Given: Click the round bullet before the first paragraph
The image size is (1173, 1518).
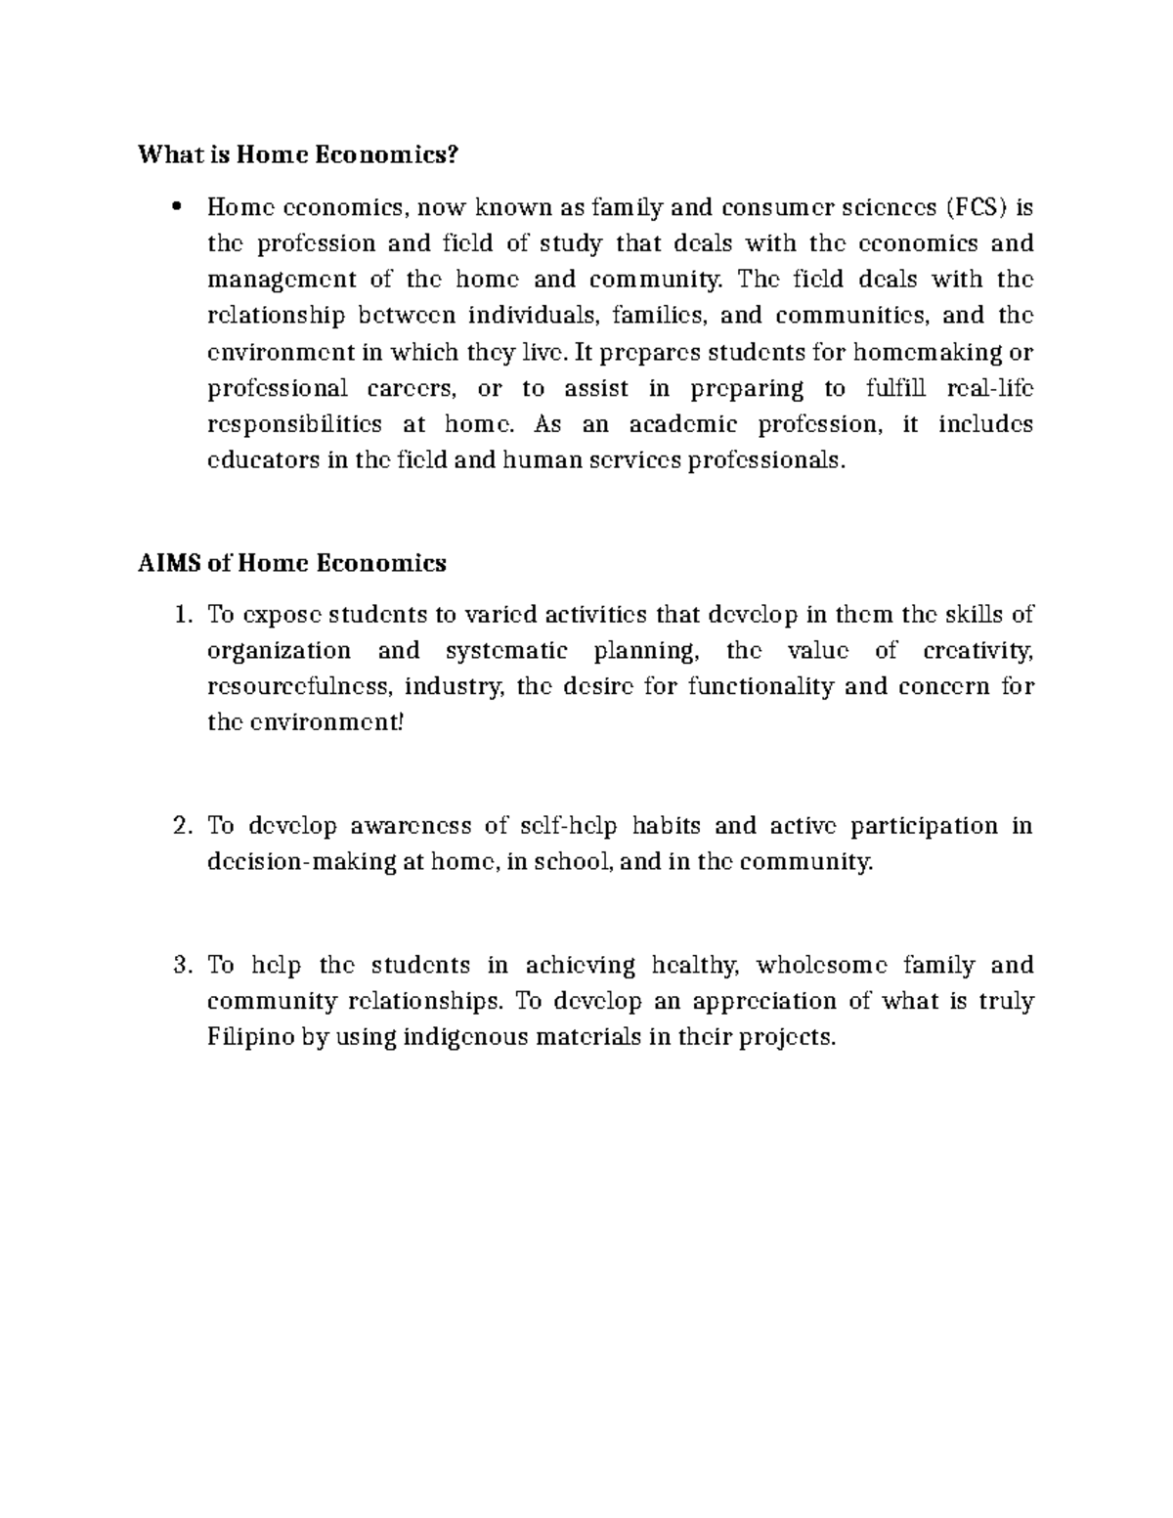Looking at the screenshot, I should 177,206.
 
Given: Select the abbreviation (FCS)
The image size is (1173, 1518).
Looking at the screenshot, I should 979,207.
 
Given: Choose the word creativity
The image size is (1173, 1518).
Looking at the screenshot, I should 977,651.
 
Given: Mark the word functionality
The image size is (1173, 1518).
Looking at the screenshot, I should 760,686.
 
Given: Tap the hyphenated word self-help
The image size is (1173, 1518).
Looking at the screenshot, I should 566,826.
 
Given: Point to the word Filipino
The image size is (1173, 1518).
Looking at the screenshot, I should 250,1037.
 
